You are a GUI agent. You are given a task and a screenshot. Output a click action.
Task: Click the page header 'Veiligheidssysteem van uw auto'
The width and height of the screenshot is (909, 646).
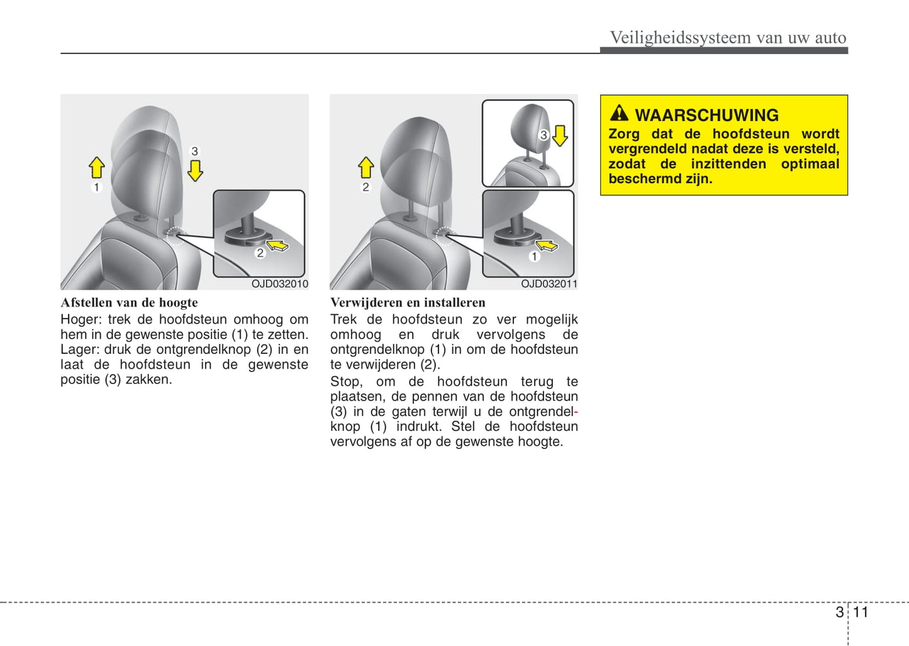pos(728,38)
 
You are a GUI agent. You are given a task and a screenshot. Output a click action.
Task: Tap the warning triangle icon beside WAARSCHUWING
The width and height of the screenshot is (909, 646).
pos(619,113)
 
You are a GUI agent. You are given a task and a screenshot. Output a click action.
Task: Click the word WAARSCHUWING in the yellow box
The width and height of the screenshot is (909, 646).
pos(706,115)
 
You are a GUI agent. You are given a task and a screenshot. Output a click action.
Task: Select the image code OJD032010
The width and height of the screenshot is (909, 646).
pos(280,284)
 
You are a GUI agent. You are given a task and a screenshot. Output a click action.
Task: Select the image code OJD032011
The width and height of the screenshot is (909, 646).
pos(549,284)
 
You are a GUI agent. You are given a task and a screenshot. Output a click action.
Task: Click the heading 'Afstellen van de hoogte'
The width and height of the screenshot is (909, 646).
pos(129,303)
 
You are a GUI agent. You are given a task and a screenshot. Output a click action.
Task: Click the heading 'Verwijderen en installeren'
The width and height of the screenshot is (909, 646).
pos(408,303)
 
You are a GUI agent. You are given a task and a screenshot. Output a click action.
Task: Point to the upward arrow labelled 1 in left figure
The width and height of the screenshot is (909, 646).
pos(96,167)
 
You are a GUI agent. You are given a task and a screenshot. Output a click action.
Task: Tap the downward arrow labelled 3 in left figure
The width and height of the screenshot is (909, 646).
pos(195,170)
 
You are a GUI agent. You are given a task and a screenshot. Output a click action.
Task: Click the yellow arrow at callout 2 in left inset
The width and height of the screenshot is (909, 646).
pos(277,244)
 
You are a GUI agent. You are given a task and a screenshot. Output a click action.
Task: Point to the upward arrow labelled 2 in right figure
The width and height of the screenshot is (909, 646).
pos(365,167)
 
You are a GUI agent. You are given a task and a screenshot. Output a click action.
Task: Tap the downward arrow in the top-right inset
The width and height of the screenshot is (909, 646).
pos(560,135)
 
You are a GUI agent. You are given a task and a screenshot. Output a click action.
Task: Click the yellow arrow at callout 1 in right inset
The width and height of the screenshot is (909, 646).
pos(547,245)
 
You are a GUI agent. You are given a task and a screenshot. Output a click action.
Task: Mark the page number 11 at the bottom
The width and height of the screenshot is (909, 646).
pos(861,612)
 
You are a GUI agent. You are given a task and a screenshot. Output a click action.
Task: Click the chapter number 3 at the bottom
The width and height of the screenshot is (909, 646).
pos(839,612)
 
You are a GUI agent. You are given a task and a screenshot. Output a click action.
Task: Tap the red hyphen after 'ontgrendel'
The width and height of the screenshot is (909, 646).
pos(576,412)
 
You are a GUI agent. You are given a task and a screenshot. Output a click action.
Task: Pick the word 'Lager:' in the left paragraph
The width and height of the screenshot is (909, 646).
pos(79,349)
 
